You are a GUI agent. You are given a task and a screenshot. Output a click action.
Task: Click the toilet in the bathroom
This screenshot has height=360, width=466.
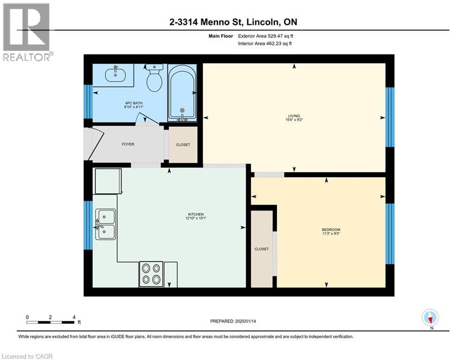[x=154, y=77]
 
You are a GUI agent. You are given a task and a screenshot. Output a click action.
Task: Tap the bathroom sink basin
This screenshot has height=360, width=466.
[x=115, y=73]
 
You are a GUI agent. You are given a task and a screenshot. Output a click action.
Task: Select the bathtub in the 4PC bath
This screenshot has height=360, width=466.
[x=182, y=92]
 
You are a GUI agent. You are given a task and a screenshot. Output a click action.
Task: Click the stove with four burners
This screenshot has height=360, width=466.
[x=151, y=274]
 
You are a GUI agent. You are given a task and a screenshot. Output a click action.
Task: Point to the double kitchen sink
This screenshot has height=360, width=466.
[x=105, y=224]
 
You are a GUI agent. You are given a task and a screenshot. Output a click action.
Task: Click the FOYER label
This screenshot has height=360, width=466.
[x=128, y=144]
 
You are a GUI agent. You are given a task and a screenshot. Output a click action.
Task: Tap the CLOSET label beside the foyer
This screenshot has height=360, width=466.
[x=183, y=144]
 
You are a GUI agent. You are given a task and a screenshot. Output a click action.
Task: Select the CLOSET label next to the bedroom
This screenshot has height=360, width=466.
[x=261, y=249]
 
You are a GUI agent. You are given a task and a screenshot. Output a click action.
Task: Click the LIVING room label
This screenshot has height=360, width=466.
[x=294, y=116]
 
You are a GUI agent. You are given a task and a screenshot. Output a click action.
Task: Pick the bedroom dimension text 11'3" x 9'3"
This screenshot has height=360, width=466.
[x=331, y=233]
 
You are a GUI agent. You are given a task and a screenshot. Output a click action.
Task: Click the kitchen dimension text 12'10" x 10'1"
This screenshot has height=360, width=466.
[x=196, y=218]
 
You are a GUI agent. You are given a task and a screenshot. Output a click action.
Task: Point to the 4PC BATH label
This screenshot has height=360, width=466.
[x=134, y=103]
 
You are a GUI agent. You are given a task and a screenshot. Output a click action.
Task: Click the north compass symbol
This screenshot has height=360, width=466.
[x=430, y=317]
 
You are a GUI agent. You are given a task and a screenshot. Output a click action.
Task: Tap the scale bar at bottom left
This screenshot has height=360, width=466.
[x=50, y=322]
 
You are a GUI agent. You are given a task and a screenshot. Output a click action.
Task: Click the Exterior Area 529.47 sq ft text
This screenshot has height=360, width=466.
[x=266, y=36]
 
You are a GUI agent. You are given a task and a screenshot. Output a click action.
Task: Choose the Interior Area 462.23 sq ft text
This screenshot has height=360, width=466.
[x=265, y=44]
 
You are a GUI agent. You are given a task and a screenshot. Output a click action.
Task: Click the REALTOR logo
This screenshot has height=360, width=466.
[x=27, y=32]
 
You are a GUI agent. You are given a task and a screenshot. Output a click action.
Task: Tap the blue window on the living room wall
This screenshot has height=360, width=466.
[x=390, y=117]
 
